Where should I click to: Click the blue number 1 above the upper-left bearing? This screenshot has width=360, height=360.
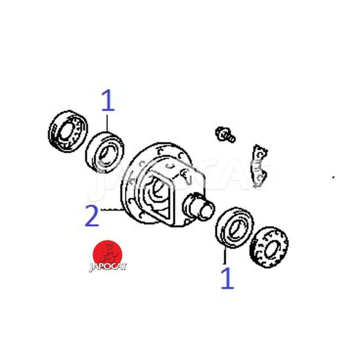(x=108, y=100)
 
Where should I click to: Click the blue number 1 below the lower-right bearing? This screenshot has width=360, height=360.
(x=227, y=278)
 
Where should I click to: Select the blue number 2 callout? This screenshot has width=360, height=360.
(x=92, y=216)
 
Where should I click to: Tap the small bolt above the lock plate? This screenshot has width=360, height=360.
(x=225, y=134)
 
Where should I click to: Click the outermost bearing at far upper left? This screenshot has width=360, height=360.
(x=68, y=131)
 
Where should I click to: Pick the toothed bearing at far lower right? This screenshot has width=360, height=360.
(x=269, y=247)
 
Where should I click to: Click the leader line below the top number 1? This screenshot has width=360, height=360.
(x=107, y=123)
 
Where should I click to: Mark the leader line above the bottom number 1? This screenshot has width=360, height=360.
(x=225, y=256)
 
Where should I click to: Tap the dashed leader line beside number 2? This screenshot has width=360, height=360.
(x=111, y=209)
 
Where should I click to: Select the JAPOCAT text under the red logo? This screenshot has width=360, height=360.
(x=108, y=267)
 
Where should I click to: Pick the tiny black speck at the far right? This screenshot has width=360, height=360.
(x=333, y=177)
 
